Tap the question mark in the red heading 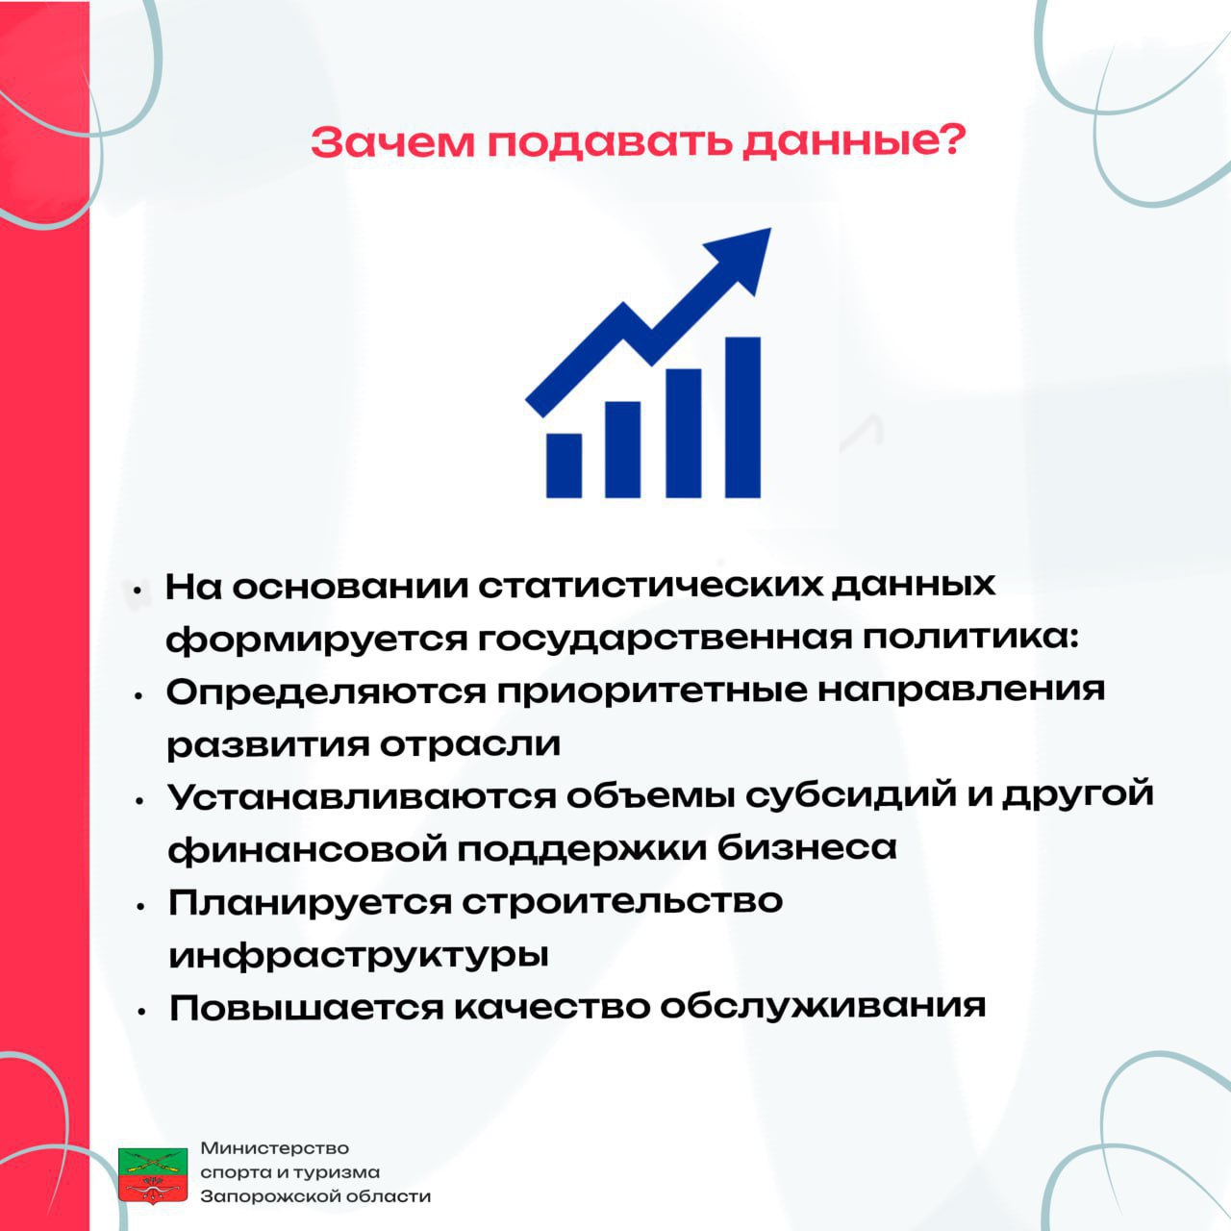(x=948, y=138)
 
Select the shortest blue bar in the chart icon (x=564, y=465)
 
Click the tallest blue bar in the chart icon (x=742, y=416)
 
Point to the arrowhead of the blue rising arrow (x=743, y=256)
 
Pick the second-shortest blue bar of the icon (x=622, y=449)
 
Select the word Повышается (x=306, y=1008)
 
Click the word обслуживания (x=823, y=1008)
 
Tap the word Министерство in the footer (x=275, y=1148)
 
